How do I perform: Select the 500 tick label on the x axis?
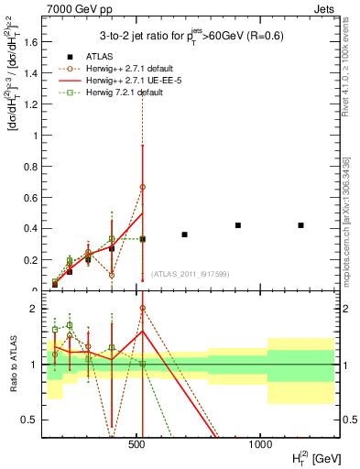pyautogui.click(x=137, y=443)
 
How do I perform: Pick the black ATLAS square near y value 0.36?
pyautogui.click(x=184, y=234)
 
